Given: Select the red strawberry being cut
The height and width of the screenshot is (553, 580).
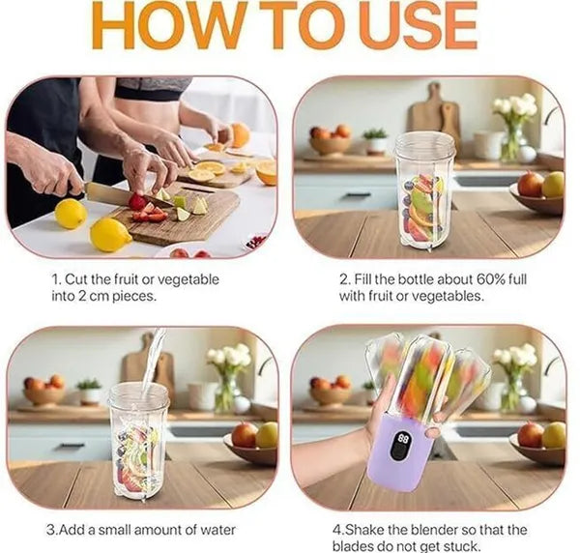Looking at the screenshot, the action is pyautogui.click(x=137, y=202).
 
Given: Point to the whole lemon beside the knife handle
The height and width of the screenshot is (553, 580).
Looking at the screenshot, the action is pyautogui.click(x=71, y=214).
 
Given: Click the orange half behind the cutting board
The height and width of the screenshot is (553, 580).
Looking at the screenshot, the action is pyautogui.click(x=267, y=172).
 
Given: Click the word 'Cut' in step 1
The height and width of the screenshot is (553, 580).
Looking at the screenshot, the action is pyautogui.click(x=76, y=279).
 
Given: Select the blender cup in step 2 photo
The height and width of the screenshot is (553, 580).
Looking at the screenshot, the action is pyautogui.click(x=424, y=191).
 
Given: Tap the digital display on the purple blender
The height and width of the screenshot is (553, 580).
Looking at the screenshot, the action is pyautogui.click(x=402, y=446).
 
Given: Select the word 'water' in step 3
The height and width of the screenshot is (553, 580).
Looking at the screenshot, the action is pyautogui.click(x=218, y=530).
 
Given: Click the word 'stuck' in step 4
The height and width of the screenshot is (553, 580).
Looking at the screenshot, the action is pyautogui.click(x=462, y=546).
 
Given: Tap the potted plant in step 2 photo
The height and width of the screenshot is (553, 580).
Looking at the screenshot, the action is pyautogui.click(x=376, y=140).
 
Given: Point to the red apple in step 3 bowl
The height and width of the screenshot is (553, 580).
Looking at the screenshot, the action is pyautogui.click(x=245, y=434).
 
